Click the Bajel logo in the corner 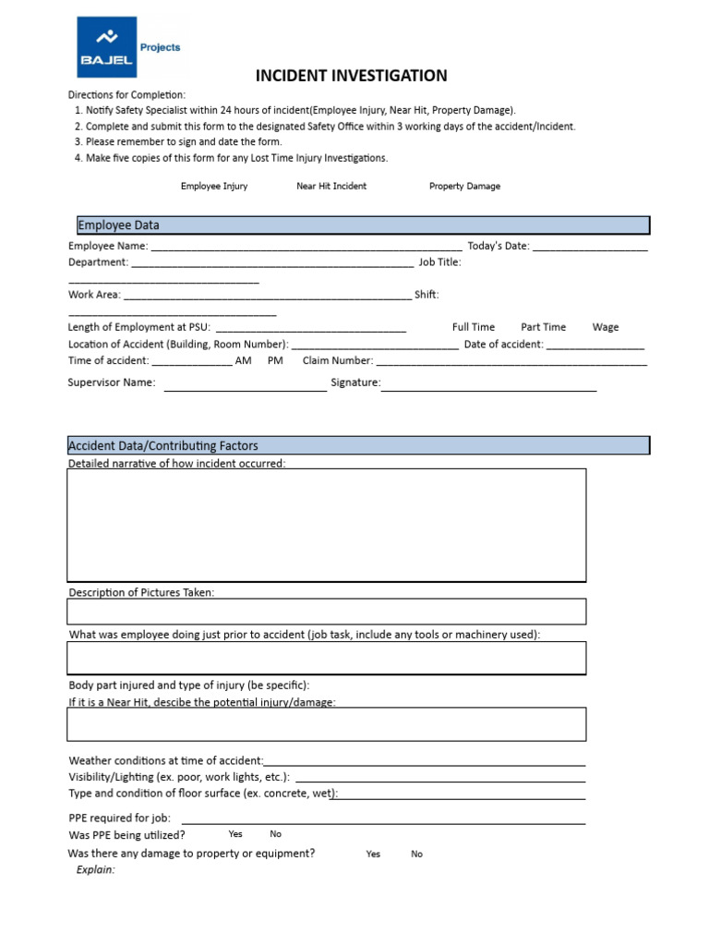pyautogui.click(x=106, y=47)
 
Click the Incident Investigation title pyautogui.click(x=351, y=76)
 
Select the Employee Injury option pyautogui.click(x=214, y=186)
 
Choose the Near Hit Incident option pyautogui.click(x=331, y=186)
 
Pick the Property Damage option pyautogui.click(x=464, y=186)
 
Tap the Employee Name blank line pyautogui.click(x=306, y=247)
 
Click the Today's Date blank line pyautogui.click(x=590, y=247)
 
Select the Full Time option pyautogui.click(x=473, y=327)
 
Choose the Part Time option pyautogui.click(x=543, y=327)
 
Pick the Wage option pyautogui.click(x=606, y=327)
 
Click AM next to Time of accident pyautogui.click(x=244, y=361)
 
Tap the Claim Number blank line pyautogui.click(x=511, y=361)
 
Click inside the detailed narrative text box pyautogui.click(x=327, y=525)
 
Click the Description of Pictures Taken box pyautogui.click(x=327, y=612)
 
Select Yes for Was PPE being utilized pyautogui.click(x=235, y=834)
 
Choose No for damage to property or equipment pyautogui.click(x=416, y=855)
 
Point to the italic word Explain pyautogui.click(x=96, y=870)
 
